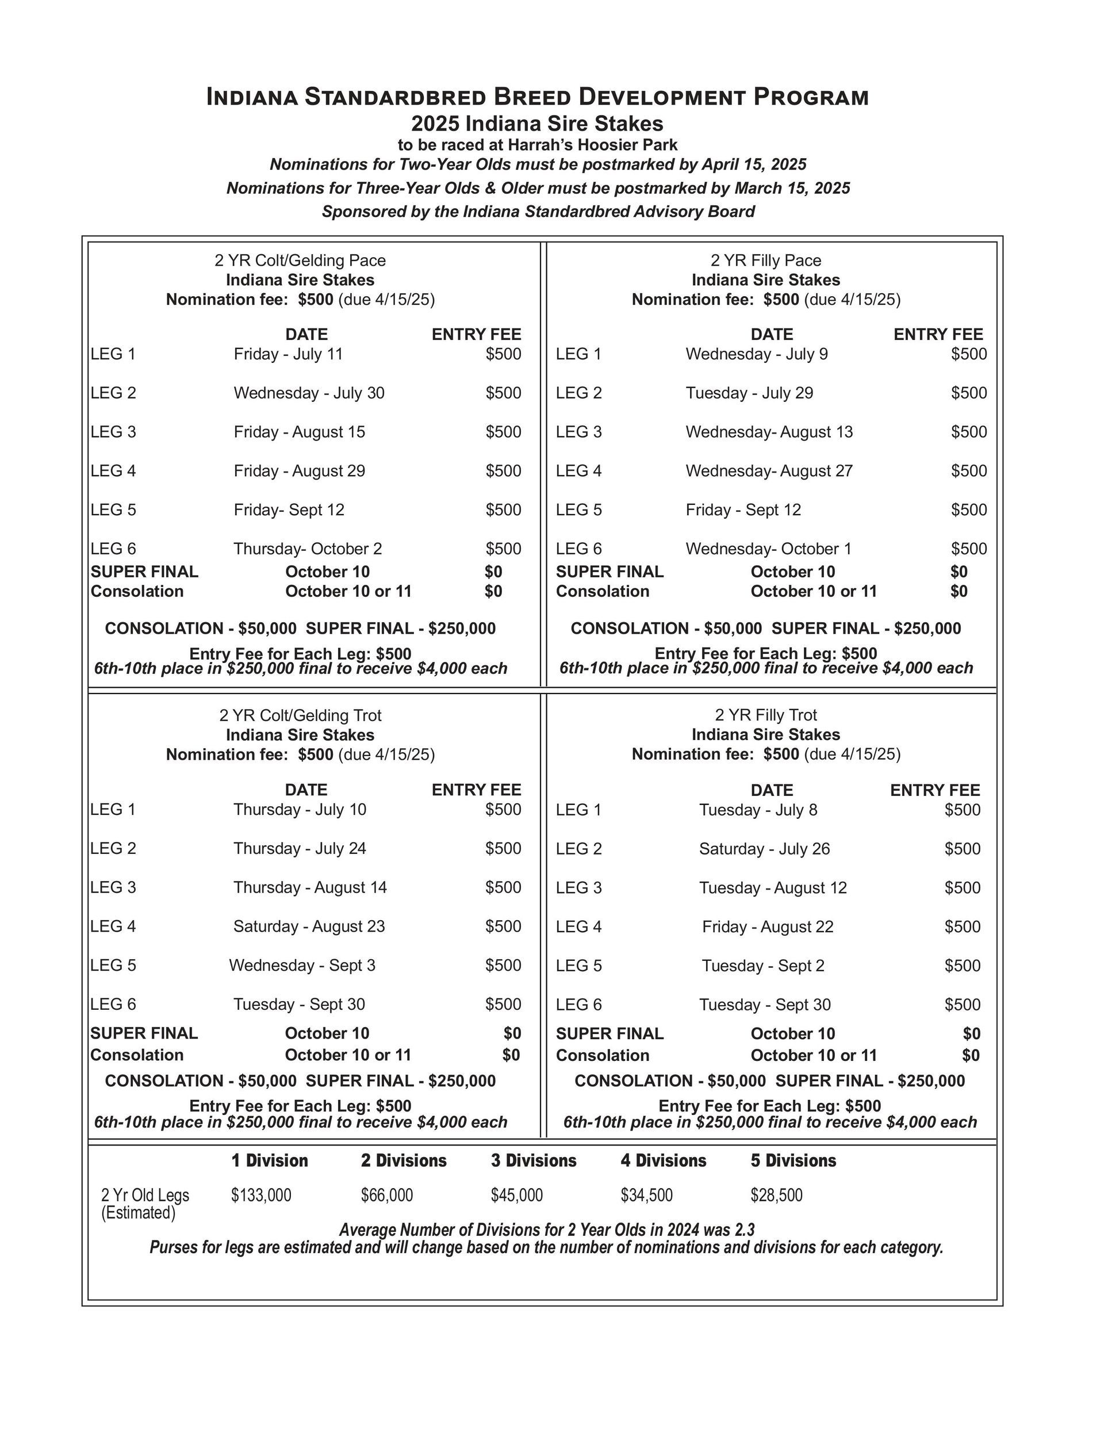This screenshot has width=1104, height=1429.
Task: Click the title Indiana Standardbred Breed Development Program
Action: point(537,97)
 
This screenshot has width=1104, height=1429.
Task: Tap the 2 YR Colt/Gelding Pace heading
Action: point(300,260)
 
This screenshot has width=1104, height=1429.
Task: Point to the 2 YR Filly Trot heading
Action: point(766,715)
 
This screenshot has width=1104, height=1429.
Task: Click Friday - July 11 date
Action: point(288,354)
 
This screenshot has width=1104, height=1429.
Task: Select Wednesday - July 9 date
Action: point(757,354)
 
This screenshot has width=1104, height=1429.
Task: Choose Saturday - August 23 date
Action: point(309,926)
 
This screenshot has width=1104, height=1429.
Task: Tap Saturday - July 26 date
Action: point(764,849)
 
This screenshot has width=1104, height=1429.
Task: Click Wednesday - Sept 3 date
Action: point(302,965)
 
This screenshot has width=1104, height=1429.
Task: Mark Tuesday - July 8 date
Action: point(758,810)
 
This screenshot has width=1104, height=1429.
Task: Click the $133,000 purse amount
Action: point(260,1196)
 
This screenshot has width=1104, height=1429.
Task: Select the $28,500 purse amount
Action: point(776,1196)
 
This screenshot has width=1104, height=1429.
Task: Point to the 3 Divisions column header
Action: point(534,1160)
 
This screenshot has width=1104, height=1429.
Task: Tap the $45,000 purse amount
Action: point(516,1196)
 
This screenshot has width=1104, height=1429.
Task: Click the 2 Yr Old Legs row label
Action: point(145,1196)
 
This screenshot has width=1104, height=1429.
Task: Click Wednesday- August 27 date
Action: point(769,471)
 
